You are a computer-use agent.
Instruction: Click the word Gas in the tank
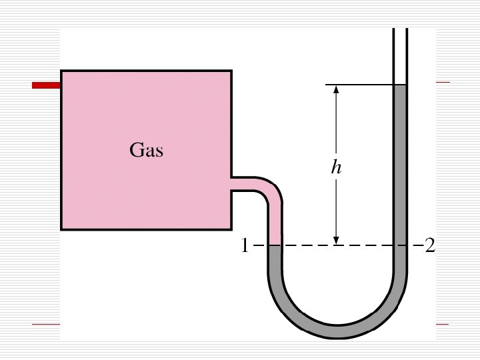pos(146,150)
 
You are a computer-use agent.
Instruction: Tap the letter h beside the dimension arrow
pos(337,167)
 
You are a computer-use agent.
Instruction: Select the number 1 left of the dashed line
pos(245,247)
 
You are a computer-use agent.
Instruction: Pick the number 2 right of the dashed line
pos(429,247)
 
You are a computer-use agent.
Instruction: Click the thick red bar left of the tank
pos(46,85)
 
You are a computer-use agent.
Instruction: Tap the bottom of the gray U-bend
pos(337,331)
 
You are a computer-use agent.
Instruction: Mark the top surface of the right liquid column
pos(400,85)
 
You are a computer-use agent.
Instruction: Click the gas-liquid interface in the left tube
pos(275,245)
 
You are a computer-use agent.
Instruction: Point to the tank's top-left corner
pos(61,70)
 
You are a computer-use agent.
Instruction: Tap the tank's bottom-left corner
pos(61,229)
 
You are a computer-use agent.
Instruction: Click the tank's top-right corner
pos(231,70)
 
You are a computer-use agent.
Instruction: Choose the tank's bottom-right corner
pos(231,229)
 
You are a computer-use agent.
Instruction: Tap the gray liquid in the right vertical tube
pos(400,167)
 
